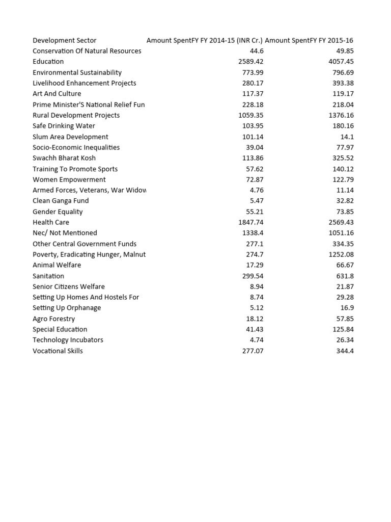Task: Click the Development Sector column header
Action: pos(64,40)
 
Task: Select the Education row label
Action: pos(48,62)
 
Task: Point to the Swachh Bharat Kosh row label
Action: pos(63,158)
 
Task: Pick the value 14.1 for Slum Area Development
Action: pos(347,137)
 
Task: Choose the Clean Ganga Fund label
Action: pos(61,201)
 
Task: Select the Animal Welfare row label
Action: pos(57,265)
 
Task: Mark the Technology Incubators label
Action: pos(68,340)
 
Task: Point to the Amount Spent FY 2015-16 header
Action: pos(310,40)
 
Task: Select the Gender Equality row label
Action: pos(58,212)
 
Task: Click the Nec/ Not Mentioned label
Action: pos(65,233)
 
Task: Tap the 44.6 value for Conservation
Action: pos(257,51)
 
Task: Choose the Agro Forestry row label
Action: pos(53,319)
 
